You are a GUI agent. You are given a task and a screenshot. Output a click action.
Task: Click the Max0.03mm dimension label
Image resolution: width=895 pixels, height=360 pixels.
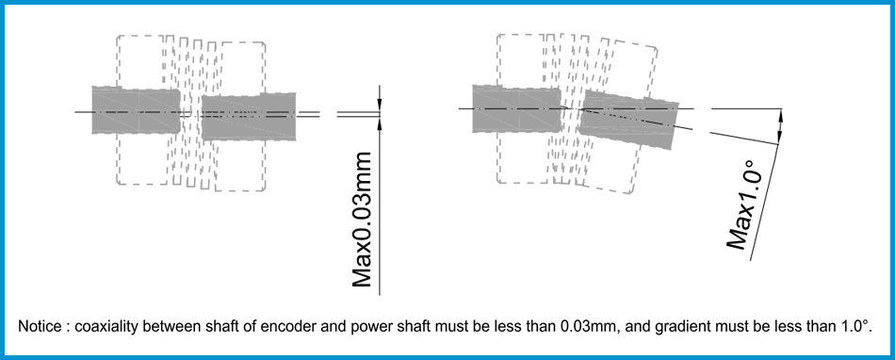pyautogui.click(x=363, y=218)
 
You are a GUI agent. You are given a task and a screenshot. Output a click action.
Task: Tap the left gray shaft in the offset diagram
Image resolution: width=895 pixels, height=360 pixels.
pyautogui.click(x=137, y=110)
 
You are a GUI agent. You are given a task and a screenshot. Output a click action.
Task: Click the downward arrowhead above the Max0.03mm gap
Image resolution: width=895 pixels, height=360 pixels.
pyautogui.click(x=378, y=105)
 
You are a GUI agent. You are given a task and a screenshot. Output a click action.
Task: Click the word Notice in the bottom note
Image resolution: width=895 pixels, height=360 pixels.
pyautogui.click(x=38, y=326)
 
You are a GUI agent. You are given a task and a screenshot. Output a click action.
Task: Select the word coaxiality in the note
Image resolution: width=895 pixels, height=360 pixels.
pyautogui.click(x=107, y=326)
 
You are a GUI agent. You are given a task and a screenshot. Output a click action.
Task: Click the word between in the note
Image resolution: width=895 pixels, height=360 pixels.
pyautogui.click(x=172, y=326)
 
